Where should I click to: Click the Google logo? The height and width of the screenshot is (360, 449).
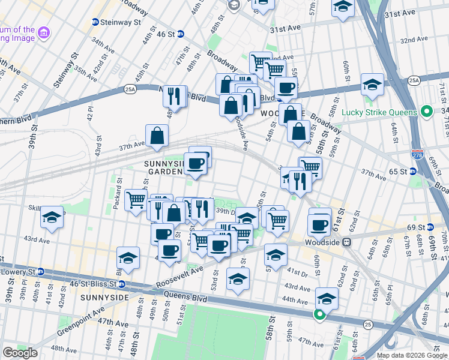click(20, 353)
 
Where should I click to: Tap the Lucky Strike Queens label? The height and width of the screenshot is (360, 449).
click(379, 112)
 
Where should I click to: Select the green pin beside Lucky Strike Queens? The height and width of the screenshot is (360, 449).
click(427, 112)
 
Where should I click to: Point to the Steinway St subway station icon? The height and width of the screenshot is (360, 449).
click(95, 22)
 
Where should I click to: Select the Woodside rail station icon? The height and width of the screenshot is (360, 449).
click(346, 242)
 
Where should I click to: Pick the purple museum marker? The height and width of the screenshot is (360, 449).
click(44, 33)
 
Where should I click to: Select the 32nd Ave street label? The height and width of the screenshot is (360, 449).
click(414, 40)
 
